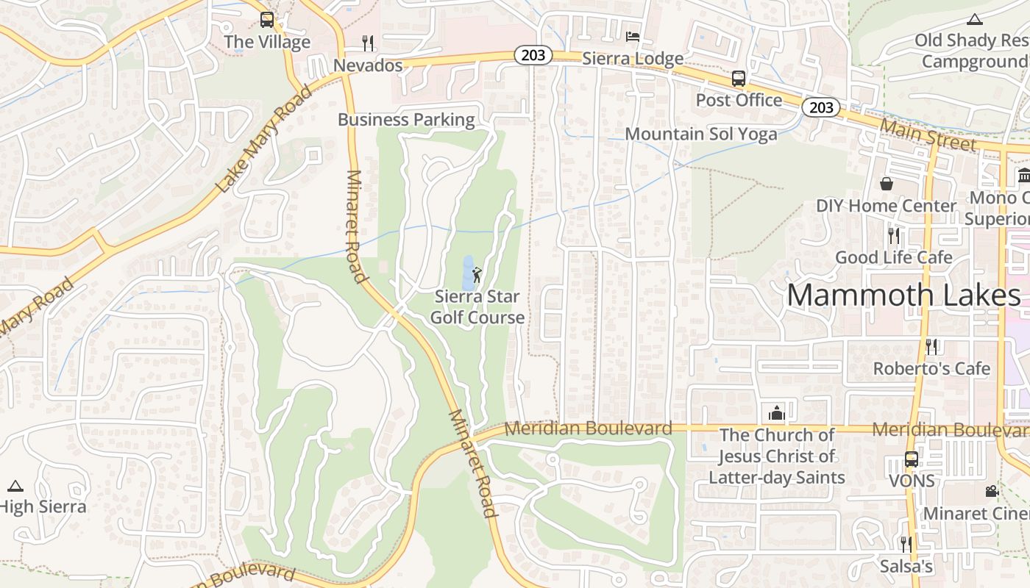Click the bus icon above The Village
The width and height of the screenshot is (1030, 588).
(267, 20)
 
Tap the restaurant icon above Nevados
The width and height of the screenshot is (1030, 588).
(368, 43)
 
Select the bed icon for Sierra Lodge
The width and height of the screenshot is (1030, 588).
(632, 36)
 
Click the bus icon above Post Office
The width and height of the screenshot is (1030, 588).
(738, 79)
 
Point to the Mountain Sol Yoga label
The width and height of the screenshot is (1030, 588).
(700, 134)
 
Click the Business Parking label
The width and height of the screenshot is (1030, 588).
(406, 119)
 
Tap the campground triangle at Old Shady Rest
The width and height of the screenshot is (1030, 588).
(975, 19)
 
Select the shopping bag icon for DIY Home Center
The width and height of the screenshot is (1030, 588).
(887, 184)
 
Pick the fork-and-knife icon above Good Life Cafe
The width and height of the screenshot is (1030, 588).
(894, 235)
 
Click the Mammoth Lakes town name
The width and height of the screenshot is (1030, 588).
(903, 295)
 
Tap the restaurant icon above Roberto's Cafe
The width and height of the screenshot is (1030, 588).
(931, 346)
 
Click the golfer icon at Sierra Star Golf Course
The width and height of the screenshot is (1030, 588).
(477, 276)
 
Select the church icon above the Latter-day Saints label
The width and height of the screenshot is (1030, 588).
(776, 413)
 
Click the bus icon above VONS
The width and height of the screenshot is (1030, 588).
(911, 459)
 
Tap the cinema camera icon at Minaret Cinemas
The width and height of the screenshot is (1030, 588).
(992, 491)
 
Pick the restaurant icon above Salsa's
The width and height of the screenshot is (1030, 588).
(906, 544)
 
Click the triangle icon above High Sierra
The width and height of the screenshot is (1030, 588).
(15, 486)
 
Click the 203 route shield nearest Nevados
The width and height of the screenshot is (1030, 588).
(533, 56)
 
